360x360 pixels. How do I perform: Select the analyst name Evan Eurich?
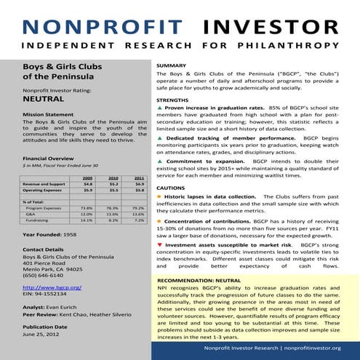coord(65,308)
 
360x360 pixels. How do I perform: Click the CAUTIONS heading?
coord(172,188)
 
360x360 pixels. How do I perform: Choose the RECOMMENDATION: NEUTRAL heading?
coord(199,279)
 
